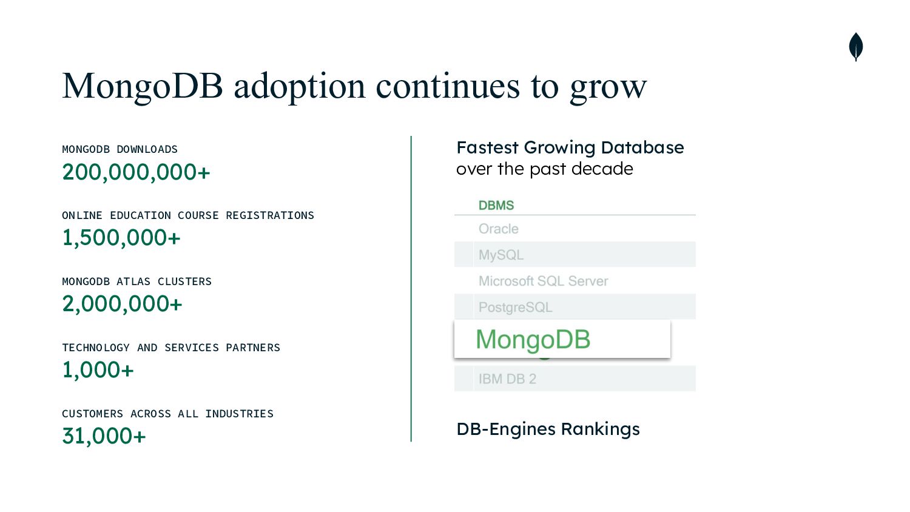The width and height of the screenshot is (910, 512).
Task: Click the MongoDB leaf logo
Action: [x=856, y=47]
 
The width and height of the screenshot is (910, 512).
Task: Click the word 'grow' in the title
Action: [x=608, y=88]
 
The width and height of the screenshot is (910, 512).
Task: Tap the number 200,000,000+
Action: [x=136, y=172]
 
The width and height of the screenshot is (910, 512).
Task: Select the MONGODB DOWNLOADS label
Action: [x=120, y=150]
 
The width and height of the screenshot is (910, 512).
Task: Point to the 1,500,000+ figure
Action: [x=121, y=238]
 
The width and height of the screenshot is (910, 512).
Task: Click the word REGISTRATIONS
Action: [x=270, y=215]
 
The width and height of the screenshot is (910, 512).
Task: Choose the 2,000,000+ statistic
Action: [x=123, y=305]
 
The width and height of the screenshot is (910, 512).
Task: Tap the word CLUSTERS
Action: [x=184, y=281]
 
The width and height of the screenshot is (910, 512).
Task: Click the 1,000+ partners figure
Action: [x=98, y=370]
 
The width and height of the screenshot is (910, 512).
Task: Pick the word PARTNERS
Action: [x=253, y=348]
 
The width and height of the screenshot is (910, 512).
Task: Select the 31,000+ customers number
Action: [x=104, y=436]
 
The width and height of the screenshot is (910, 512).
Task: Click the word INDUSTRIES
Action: [x=239, y=414]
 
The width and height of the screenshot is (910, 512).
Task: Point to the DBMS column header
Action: [x=496, y=206]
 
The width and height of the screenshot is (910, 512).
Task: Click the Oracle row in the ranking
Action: [x=499, y=229]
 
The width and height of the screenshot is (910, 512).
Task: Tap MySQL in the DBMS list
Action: [x=501, y=255]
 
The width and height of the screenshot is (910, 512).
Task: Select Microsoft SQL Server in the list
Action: [x=543, y=281]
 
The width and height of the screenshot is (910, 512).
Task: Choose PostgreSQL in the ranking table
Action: [x=516, y=308]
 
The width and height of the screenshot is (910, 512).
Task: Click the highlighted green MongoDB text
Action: [x=533, y=340]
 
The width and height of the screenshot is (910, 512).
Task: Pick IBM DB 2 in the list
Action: [x=507, y=379]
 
